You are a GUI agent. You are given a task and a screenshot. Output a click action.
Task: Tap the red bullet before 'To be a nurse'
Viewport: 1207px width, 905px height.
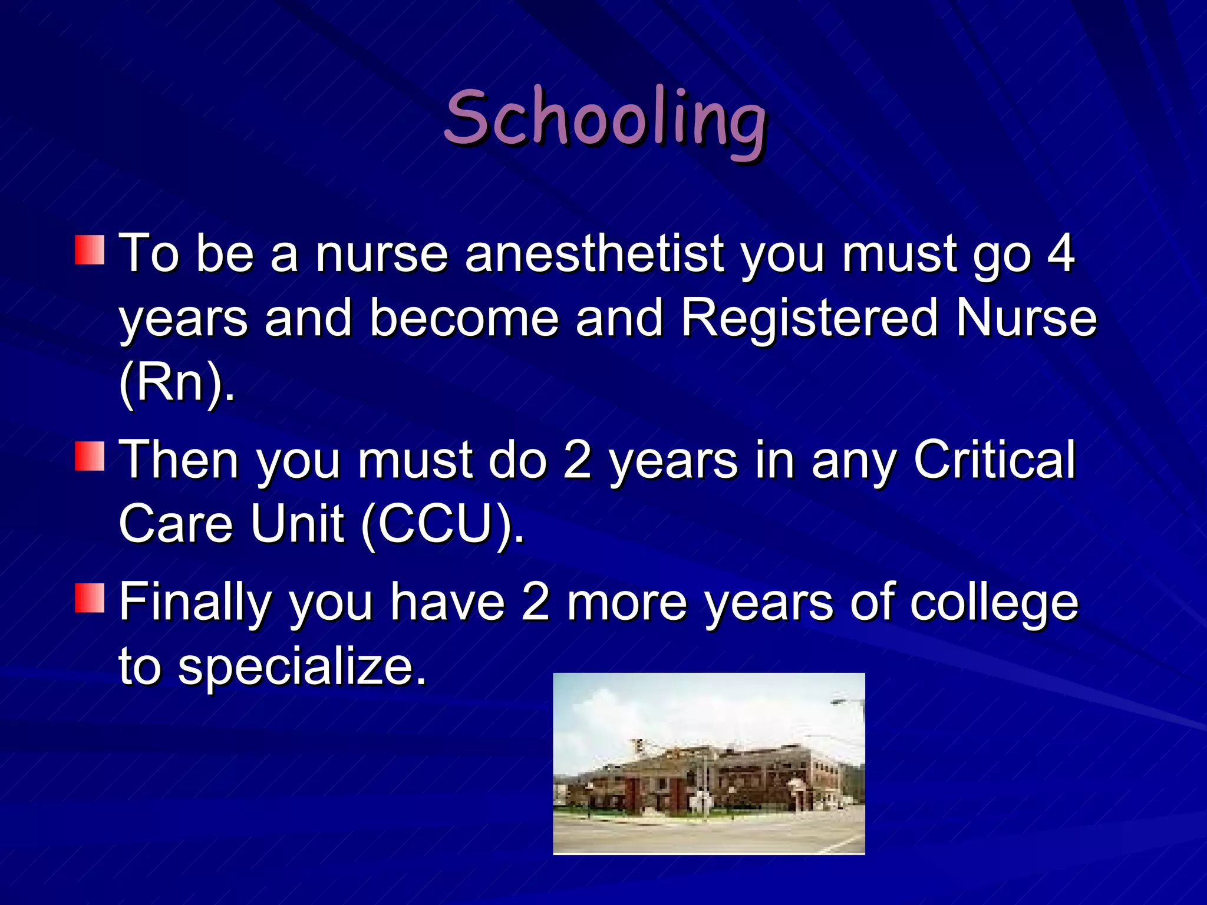[x=90, y=250]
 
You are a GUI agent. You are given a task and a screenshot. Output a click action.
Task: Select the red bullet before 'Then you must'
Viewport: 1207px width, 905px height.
[x=90, y=457]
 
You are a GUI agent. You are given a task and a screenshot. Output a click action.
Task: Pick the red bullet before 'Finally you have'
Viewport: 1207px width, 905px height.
[x=90, y=598]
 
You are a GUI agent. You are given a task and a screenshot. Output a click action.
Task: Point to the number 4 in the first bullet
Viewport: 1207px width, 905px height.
[x=1060, y=253]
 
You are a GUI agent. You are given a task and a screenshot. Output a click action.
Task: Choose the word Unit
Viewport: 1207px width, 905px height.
[x=297, y=523]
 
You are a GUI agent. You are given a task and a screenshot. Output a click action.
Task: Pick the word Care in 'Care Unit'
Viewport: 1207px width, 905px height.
[x=176, y=523]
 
